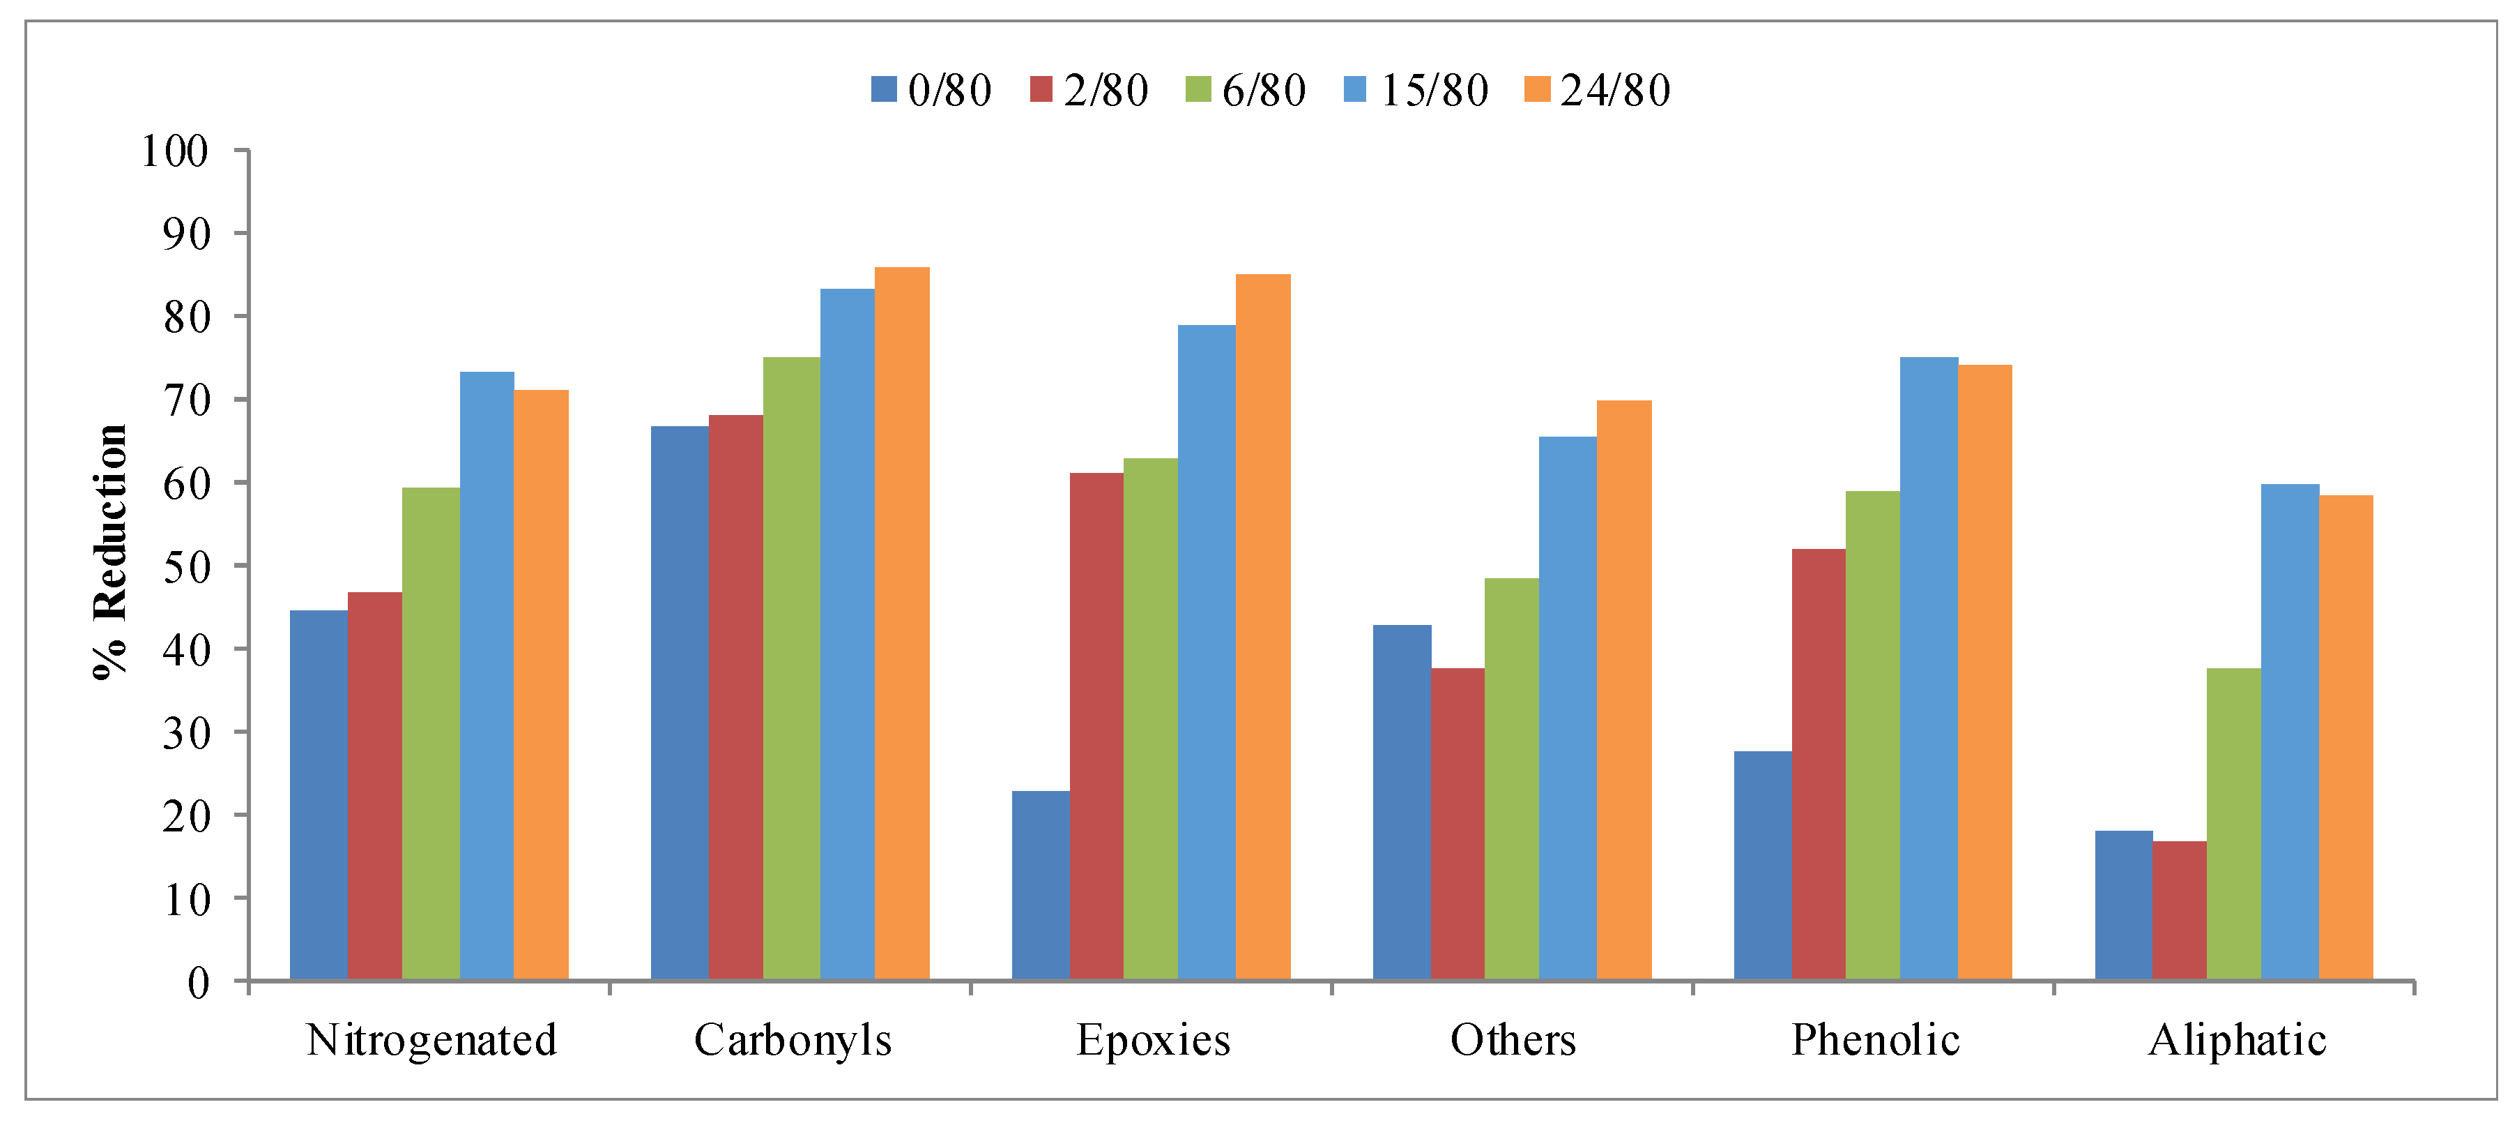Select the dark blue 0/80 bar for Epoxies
(1041, 884)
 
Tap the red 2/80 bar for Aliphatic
(2179, 910)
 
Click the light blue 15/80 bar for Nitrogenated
(487, 675)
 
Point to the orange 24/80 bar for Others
(1624, 690)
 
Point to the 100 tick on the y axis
(175, 151)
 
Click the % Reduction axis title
(109, 552)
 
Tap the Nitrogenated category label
(431, 1040)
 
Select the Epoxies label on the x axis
(1153, 1040)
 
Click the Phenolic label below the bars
(1874, 1040)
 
